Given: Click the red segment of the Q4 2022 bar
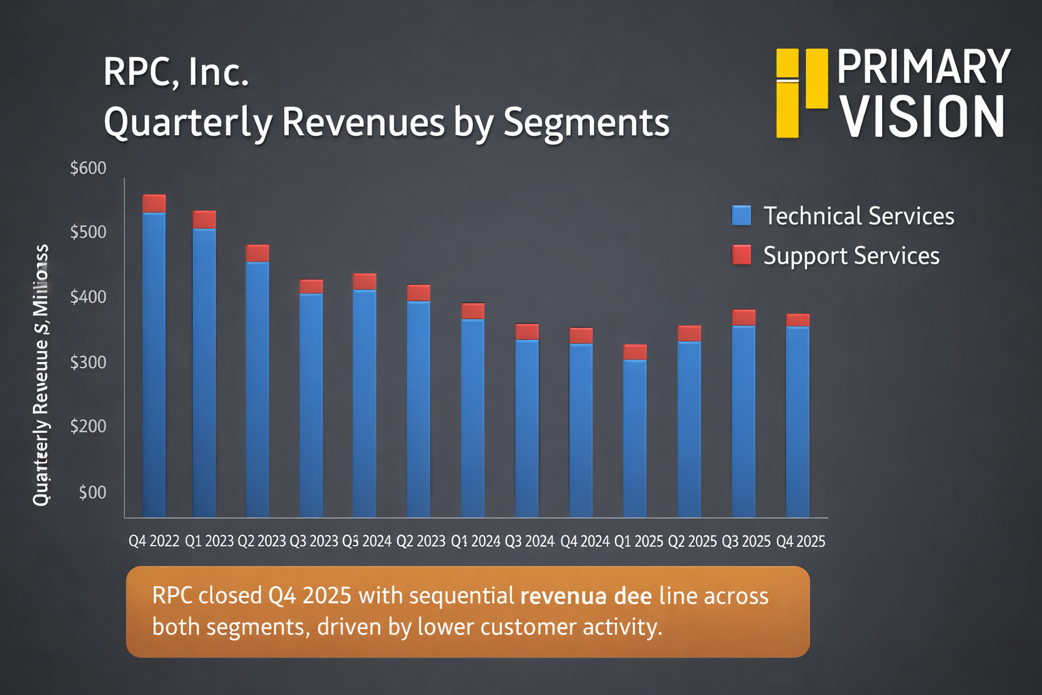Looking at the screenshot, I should (154, 203).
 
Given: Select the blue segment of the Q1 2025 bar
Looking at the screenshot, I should (635, 438).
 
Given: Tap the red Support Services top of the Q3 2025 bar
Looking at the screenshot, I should (744, 317).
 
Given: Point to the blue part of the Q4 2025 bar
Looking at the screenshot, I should (797, 421).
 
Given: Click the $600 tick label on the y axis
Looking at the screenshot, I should (88, 168).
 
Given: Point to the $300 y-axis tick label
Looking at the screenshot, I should (88, 361).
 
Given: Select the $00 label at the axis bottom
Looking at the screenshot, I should (92, 492).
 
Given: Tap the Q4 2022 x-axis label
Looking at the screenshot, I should (154, 541).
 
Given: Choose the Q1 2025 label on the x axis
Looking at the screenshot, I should (639, 541).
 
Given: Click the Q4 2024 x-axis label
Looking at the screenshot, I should (585, 541).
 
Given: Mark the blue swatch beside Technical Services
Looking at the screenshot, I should (742, 215).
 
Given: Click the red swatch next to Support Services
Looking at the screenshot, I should (742, 255).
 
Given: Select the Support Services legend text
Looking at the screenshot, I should (851, 255).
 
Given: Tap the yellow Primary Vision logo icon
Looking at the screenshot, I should (802, 92).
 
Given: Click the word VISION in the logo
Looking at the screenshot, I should (922, 118).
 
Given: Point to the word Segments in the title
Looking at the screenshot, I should (586, 122).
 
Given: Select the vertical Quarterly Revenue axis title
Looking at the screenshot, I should (41, 375).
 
